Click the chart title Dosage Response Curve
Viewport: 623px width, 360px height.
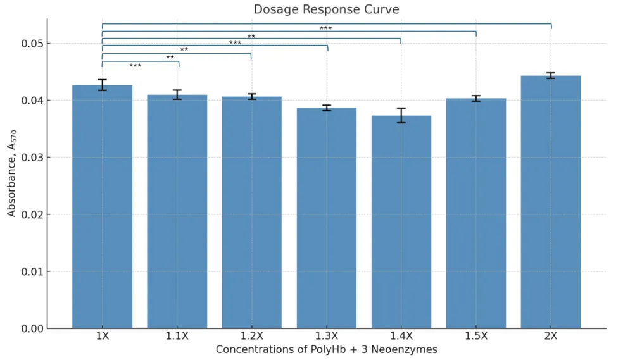(x=326, y=9)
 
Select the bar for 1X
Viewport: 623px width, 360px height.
(x=102, y=209)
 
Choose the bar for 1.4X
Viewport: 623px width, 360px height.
(x=401, y=221)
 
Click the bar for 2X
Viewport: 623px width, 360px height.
(x=550, y=202)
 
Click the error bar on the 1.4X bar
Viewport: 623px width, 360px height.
(x=401, y=115)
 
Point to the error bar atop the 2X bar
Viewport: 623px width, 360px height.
(x=550, y=76)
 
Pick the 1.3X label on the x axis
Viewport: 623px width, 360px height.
(x=326, y=337)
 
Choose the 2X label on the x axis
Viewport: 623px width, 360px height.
(x=550, y=337)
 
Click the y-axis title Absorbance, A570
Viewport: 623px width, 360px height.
(x=12, y=179)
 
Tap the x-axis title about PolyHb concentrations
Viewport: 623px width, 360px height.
(x=326, y=349)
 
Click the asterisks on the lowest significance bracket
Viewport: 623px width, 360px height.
(x=135, y=66)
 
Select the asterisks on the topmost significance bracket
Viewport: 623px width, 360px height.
(x=325, y=28)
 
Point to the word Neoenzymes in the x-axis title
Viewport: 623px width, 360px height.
(x=407, y=349)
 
